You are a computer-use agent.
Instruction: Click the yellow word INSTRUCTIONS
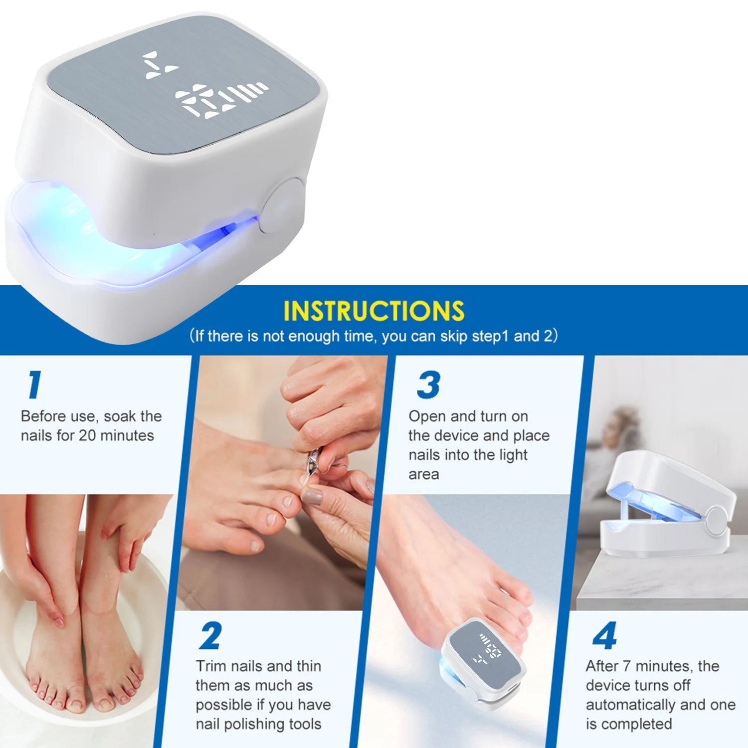point(374,311)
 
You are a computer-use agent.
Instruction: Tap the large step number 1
point(34,384)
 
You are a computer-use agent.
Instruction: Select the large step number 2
point(210,636)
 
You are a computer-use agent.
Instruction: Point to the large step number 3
point(428,385)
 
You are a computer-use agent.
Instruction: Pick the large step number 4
point(604,636)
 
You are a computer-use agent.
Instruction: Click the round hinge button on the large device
point(282,206)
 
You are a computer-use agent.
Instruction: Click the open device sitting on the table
point(668,504)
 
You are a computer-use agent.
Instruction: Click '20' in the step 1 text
point(87,436)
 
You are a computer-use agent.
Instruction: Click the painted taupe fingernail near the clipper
point(312,497)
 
